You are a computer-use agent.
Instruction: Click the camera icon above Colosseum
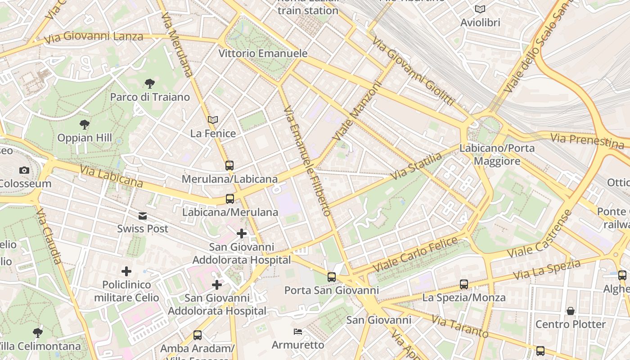(x=24, y=170)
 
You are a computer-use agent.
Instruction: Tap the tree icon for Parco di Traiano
(x=150, y=83)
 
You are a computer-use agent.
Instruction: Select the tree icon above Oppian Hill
(x=84, y=125)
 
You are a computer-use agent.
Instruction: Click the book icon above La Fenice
(x=213, y=120)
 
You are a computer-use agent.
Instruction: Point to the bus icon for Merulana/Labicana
(x=229, y=165)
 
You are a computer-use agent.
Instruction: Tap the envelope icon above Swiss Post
(x=143, y=216)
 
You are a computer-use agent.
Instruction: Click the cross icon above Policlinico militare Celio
(x=126, y=271)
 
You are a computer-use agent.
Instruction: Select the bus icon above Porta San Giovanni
(x=332, y=277)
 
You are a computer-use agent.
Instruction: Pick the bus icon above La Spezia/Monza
(x=464, y=284)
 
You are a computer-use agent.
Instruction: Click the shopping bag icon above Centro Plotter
(x=571, y=310)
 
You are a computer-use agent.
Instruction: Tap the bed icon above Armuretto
(x=298, y=332)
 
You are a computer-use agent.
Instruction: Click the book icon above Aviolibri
(x=480, y=9)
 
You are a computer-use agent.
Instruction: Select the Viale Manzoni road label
(x=357, y=111)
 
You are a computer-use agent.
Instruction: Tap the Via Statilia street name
(x=417, y=166)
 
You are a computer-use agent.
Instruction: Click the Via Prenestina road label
(x=587, y=140)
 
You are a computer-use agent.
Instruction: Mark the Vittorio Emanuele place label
(x=263, y=53)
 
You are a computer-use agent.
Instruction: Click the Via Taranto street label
(x=460, y=326)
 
